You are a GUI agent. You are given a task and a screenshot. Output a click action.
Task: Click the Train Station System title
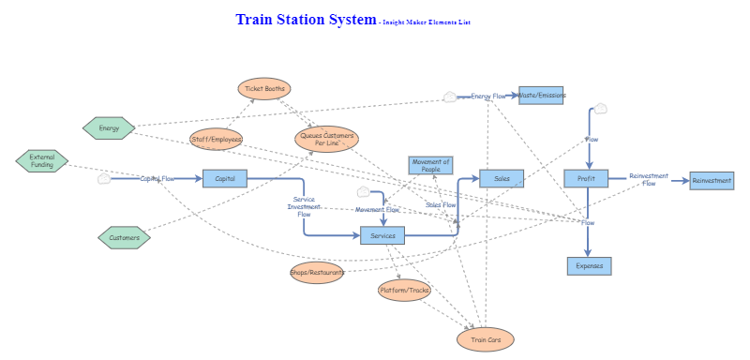305,20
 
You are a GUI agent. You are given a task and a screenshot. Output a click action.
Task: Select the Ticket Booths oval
264,89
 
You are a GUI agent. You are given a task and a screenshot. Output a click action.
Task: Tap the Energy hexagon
109,127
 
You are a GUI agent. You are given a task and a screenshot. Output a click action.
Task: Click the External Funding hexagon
42,161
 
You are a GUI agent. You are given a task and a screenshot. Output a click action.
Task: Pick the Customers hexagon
124,238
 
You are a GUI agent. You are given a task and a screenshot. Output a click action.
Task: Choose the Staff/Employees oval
217,140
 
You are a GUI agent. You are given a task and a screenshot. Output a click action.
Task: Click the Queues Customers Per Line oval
326,140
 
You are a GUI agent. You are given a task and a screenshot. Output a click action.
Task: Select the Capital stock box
225,178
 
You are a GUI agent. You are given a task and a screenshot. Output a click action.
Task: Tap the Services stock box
382,235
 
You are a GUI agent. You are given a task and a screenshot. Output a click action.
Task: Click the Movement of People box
431,166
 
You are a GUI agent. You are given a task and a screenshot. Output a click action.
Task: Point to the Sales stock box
502,178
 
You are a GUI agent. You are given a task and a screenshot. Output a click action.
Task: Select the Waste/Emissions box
542,95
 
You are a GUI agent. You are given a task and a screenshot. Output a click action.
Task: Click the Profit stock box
587,178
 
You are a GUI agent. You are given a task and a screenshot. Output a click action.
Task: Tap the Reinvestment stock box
712,181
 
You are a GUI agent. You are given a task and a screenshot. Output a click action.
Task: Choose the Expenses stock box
589,266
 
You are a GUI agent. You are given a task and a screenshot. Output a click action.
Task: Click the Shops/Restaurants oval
318,273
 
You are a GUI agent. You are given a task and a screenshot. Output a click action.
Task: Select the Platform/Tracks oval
404,291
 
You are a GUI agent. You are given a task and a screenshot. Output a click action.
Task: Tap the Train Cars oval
486,339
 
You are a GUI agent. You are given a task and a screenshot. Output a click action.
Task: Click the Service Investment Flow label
304,206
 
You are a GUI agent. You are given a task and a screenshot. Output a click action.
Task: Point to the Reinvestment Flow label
649,179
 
